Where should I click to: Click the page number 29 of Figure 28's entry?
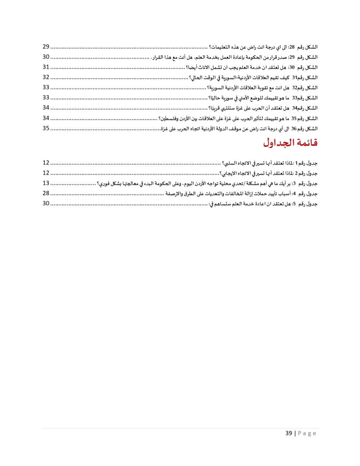46,47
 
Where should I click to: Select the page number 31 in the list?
46,67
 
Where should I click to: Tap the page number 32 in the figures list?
46,77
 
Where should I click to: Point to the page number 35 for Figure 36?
46,128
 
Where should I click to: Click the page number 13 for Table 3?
46,183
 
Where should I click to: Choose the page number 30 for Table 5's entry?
46,203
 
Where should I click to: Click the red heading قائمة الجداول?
290,143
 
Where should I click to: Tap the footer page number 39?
289,433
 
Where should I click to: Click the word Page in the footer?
307,433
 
